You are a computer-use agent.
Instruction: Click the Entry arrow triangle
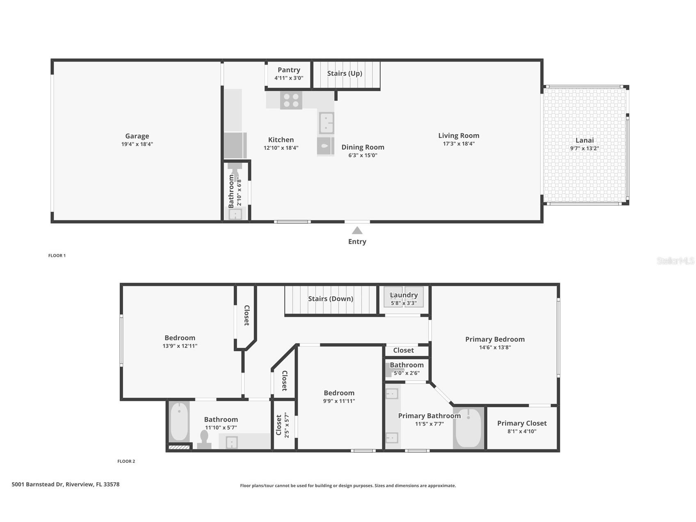point(357,231)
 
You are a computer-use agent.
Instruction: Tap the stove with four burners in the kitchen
point(291,101)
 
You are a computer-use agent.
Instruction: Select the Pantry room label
point(289,70)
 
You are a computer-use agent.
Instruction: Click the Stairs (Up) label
point(345,73)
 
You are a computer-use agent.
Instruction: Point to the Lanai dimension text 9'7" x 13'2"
point(584,149)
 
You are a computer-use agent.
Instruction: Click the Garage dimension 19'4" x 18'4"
point(137,144)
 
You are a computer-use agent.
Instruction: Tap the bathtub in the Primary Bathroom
point(469,428)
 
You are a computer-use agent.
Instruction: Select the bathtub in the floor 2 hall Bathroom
point(179,422)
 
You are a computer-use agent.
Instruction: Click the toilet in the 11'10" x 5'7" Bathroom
point(204,440)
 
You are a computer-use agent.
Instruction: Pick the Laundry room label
point(404,295)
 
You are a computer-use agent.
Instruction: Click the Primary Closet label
point(522,423)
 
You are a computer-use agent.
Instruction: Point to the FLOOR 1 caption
point(57,256)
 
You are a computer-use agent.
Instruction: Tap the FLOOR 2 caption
point(126,461)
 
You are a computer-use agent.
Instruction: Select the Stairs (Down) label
point(331,299)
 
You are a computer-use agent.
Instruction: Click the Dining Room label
point(363,147)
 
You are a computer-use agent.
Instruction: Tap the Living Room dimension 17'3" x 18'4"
point(459,144)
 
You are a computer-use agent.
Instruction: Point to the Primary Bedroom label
point(495,339)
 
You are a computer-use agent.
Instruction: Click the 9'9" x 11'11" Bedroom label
point(339,393)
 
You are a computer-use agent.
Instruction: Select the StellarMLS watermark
point(675,261)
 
